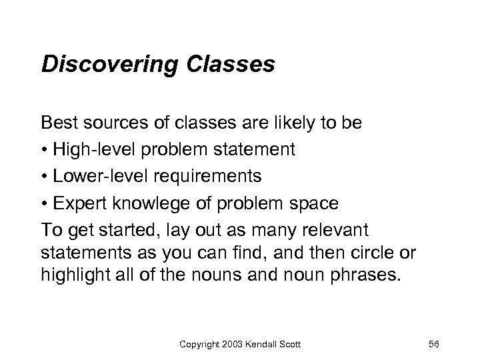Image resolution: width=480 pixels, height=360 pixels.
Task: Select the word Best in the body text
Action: pos(57,123)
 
